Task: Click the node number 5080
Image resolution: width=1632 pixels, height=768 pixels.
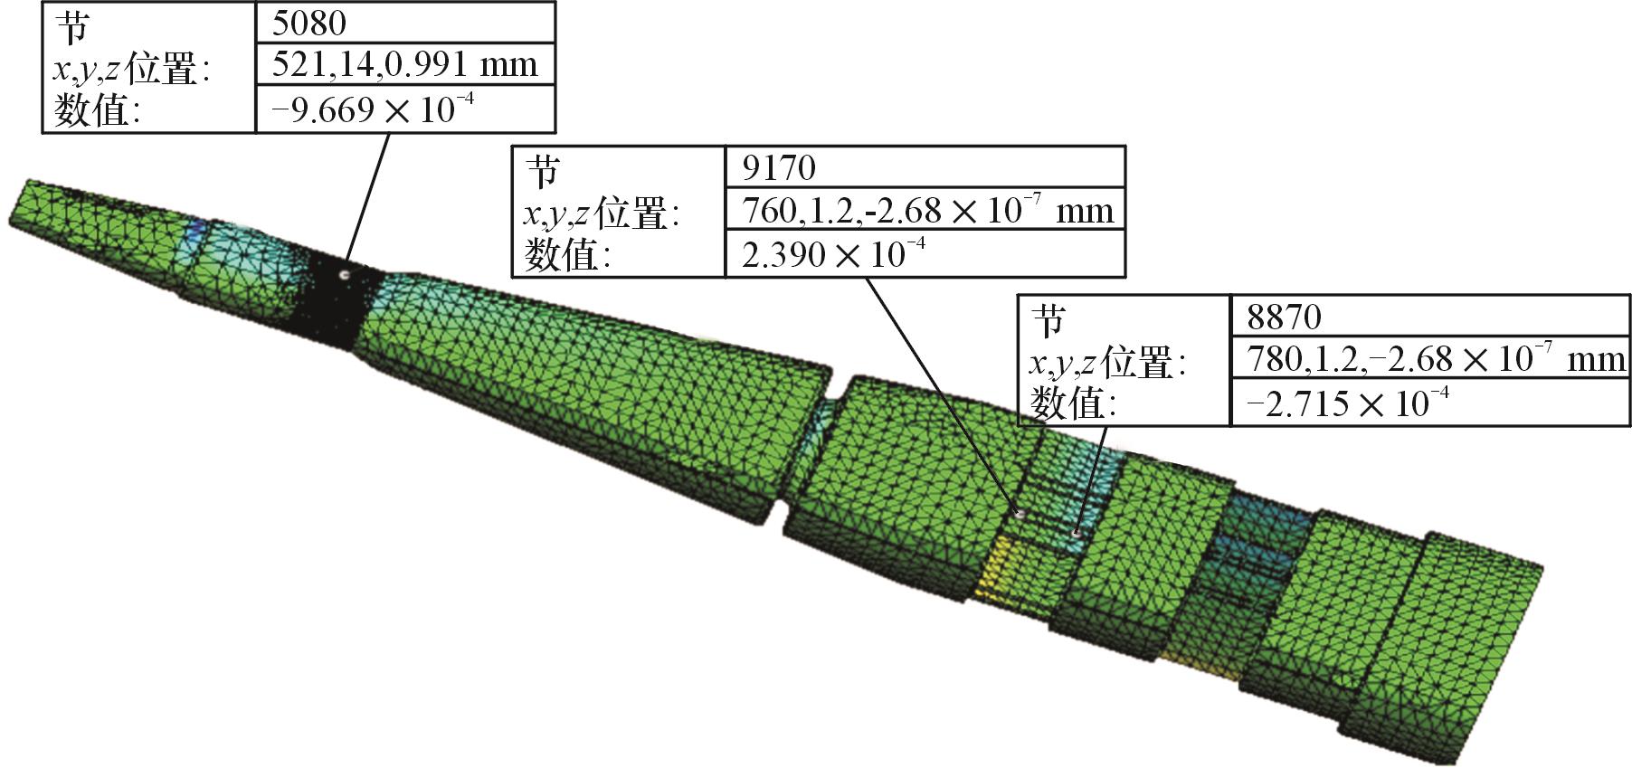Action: pyautogui.click(x=308, y=23)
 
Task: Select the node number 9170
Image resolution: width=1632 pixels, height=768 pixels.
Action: pyautogui.click(x=778, y=167)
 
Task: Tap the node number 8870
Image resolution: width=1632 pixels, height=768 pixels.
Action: pyautogui.click(x=1284, y=317)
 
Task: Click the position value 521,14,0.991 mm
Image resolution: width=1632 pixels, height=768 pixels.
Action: pyautogui.click(x=404, y=64)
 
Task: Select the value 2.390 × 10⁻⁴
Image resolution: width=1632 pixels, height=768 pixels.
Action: pyautogui.click(x=833, y=254)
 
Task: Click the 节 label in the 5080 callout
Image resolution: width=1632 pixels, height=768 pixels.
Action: pyautogui.click(x=72, y=27)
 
